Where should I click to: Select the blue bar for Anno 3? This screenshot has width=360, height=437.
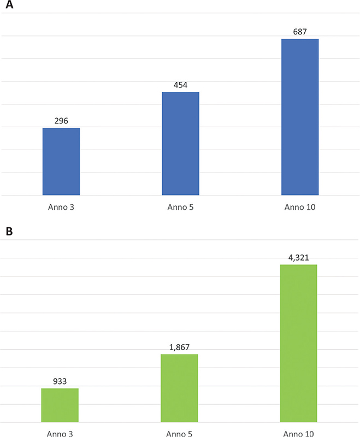tap(61, 161)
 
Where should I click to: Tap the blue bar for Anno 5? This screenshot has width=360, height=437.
tap(180, 143)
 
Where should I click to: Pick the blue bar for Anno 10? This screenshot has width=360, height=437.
tap(300, 117)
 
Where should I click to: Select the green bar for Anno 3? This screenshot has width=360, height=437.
tap(60, 405)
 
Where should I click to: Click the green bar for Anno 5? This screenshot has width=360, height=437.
tap(179, 388)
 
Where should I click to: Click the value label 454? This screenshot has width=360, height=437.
tap(180, 85)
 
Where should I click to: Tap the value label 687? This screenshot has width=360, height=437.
tap(300, 32)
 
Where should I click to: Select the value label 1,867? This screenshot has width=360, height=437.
tap(179, 347)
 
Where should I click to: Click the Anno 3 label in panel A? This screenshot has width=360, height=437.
tap(61, 208)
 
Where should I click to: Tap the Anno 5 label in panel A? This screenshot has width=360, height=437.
tap(180, 208)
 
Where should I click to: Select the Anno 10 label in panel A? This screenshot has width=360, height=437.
tap(300, 208)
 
